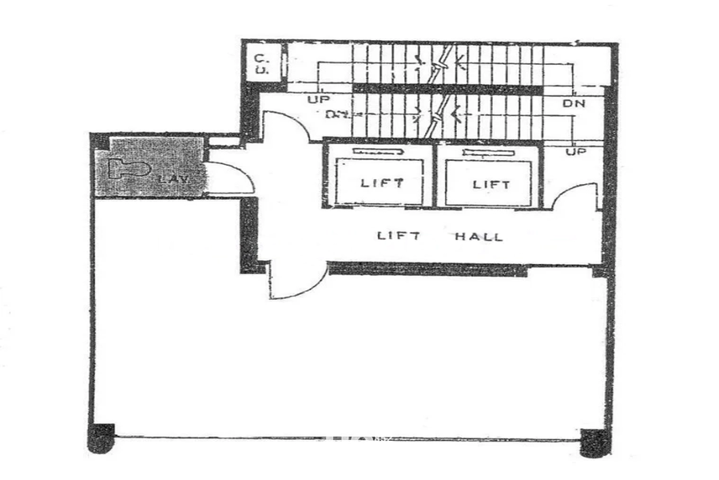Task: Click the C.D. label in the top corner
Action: pos(261,64)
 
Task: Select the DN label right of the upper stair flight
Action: pos(574,103)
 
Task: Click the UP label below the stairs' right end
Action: pos(575,150)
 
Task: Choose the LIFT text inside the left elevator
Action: pos(382,182)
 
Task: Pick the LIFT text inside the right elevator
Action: pos(491,184)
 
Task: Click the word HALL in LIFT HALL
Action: pos(479,236)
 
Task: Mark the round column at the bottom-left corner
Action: pos(101,438)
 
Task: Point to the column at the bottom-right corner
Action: pos(594,441)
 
